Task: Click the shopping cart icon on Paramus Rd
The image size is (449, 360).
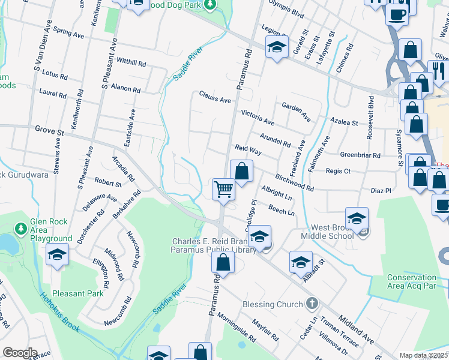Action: (223, 190)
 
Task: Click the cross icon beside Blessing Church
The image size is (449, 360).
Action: (311, 304)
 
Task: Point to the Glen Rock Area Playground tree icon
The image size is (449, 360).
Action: (21, 228)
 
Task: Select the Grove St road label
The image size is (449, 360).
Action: (49, 129)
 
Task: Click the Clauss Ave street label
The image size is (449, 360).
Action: (215, 98)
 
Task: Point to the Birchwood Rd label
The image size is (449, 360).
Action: (295, 183)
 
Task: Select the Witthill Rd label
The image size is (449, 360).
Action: (131, 62)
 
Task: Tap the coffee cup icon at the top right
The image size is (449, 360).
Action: (397, 13)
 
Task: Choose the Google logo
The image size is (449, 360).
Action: (20, 352)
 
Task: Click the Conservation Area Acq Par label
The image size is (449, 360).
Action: (412, 282)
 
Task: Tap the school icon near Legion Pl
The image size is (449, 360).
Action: (276, 48)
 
